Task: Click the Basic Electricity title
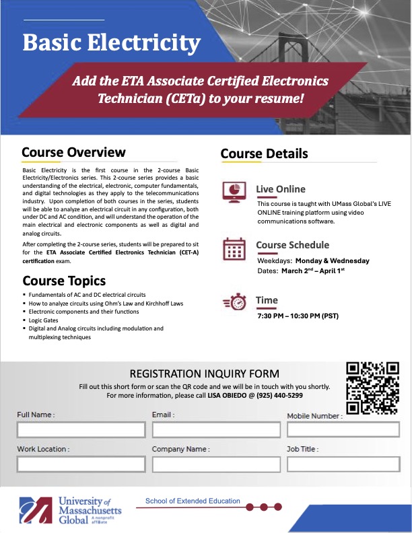(112, 43)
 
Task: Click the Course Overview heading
(73, 152)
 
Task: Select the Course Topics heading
(64, 281)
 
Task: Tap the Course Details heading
(265, 154)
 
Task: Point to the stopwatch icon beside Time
(234, 303)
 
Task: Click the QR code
(373, 388)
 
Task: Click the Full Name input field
(81, 430)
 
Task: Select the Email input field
(216, 430)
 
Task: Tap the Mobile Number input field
(343, 430)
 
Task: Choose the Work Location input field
(81, 464)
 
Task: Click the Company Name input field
(216, 464)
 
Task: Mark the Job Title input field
(343, 464)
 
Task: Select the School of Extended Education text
(193, 501)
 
